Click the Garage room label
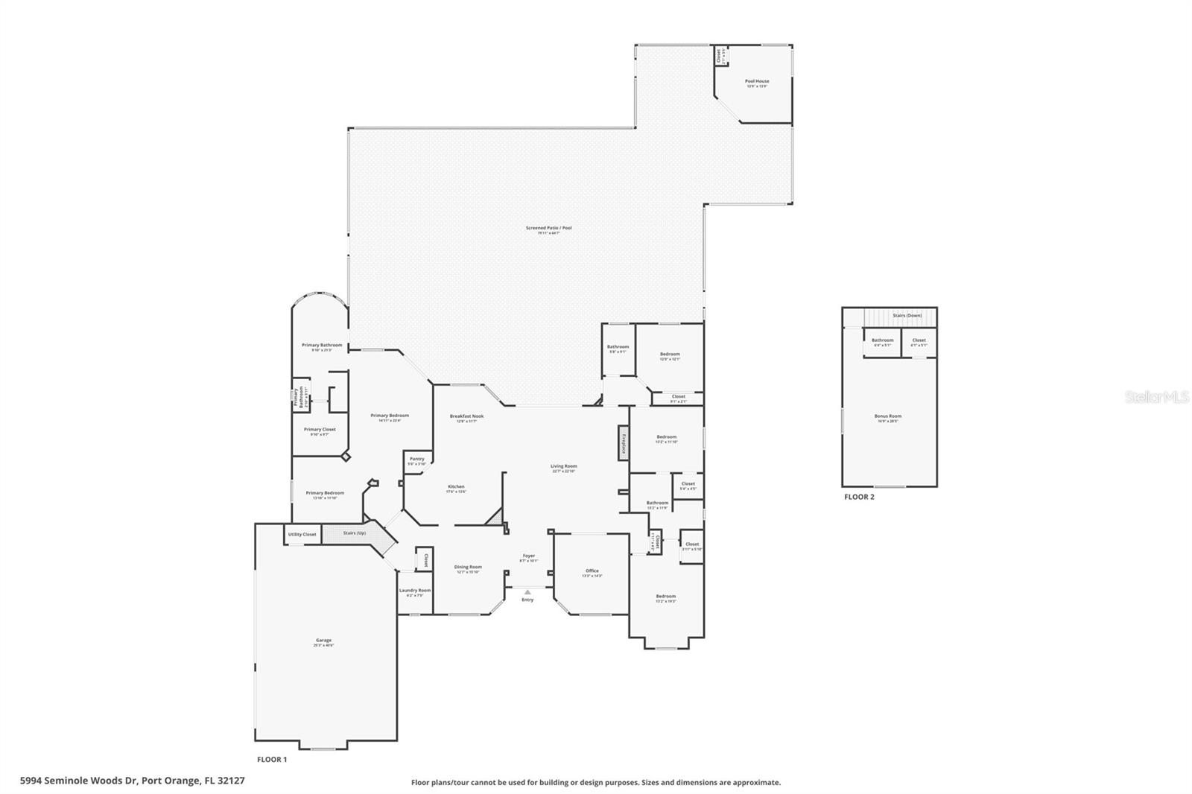pos(323,641)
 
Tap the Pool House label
pos(757,81)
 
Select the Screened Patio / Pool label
pos(548,228)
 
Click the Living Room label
pos(564,466)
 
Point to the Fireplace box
pos(623,443)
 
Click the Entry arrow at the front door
pos(527,592)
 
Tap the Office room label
pos(592,571)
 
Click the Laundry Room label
pos(415,591)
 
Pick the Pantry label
pos(417,459)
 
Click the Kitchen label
pos(455,487)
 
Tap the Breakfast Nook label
pos(466,416)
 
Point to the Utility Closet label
pos(302,535)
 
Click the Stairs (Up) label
pos(355,533)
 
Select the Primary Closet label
pos(320,430)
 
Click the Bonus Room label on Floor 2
pos(887,416)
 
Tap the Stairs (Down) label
pos(907,316)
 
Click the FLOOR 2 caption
pos(858,497)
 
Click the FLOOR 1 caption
pos(272,760)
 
